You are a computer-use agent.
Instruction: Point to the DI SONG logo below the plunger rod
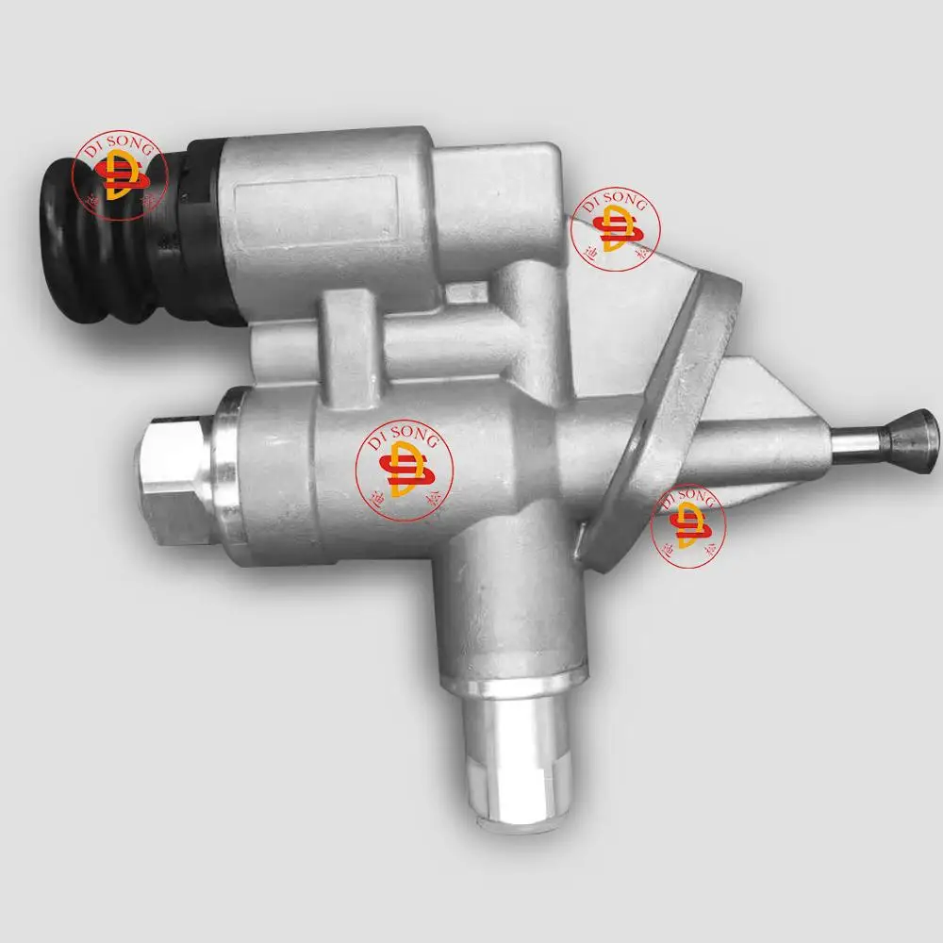(x=688, y=524)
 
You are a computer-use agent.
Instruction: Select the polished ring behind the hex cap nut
(x=224, y=471)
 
